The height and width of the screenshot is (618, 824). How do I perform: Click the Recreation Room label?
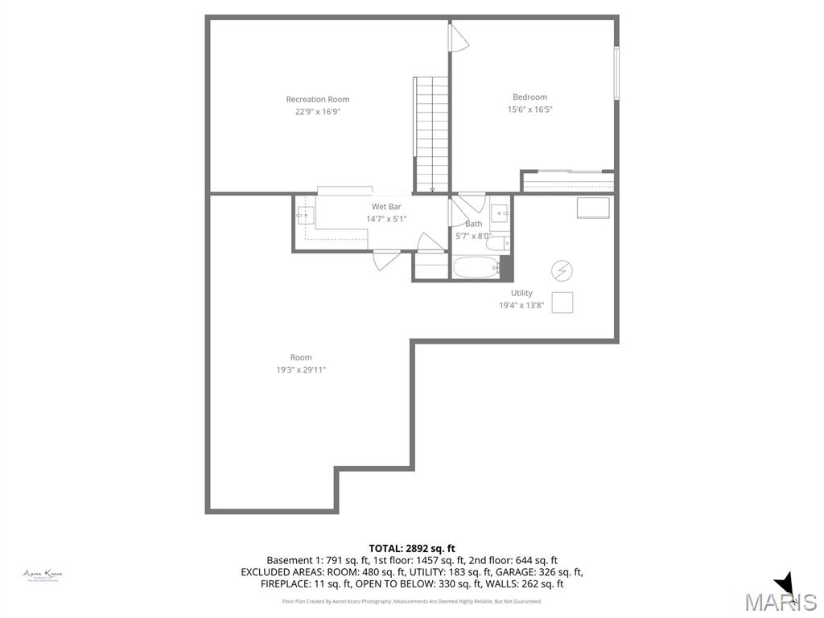click(318, 100)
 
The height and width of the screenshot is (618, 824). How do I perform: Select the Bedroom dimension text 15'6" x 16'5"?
click(529, 109)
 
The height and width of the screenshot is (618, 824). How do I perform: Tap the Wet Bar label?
click(386, 207)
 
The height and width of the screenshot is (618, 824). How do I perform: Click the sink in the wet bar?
click(305, 214)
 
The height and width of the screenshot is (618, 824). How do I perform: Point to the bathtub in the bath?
click(476, 267)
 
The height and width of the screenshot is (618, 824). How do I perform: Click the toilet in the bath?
click(496, 242)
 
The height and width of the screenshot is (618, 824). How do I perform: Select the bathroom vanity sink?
click(501, 214)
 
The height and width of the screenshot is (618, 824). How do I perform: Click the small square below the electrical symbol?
click(562, 302)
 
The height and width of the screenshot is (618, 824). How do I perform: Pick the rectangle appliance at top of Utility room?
click(593, 208)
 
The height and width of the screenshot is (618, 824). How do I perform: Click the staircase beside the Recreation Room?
click(432, 133)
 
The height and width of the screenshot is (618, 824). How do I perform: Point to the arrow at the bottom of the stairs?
click(433, 190)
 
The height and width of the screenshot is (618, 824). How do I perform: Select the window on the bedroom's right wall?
click(616, 73)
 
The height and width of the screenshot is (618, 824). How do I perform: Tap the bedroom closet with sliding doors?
click(568, 182)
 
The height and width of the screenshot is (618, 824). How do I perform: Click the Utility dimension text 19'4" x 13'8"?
click(521, 305)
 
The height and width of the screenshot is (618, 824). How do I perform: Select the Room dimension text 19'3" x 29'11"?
click(301, 370)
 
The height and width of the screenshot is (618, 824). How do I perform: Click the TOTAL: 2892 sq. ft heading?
click(412, 548)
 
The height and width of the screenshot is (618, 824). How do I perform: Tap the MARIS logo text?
click(781, 602)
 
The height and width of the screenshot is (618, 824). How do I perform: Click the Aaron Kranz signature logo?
click(43, 575)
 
